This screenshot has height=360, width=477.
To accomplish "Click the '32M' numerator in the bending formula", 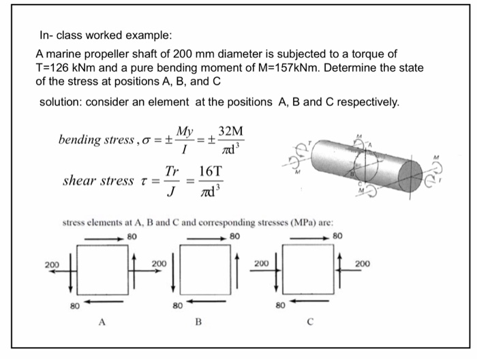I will click(233, 132).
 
